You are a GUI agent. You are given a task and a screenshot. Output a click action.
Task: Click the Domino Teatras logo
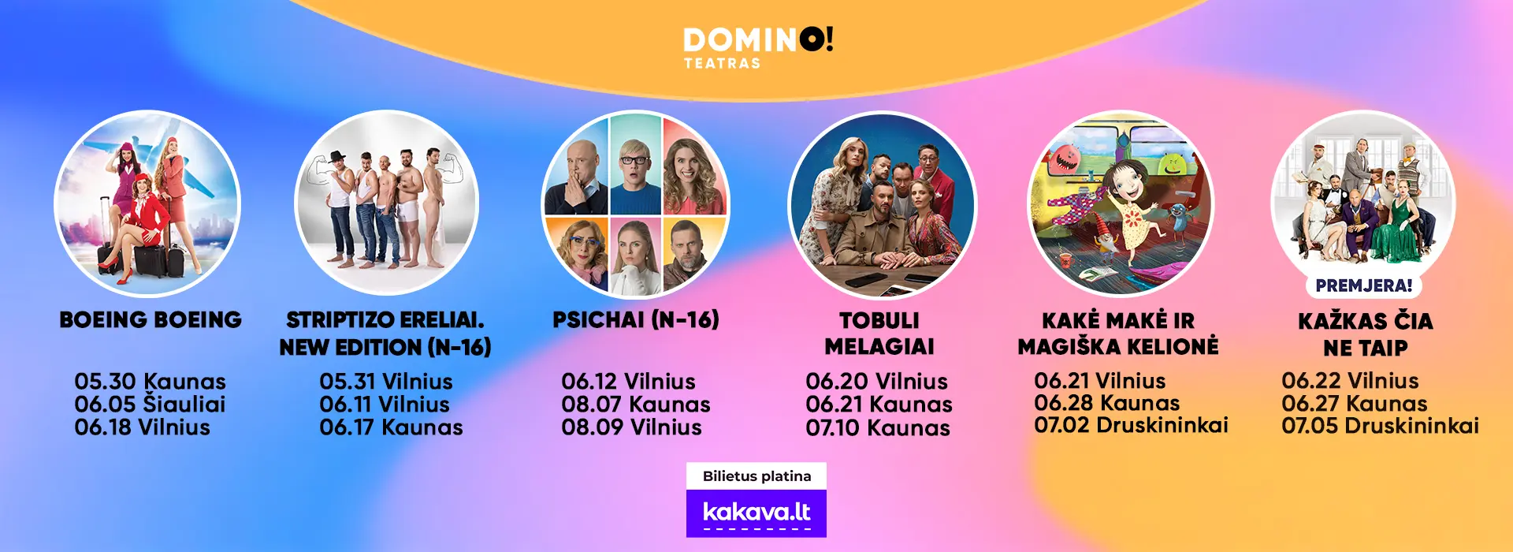pos(758,47)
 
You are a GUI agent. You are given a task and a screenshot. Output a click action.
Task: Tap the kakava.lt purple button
pos(756,513)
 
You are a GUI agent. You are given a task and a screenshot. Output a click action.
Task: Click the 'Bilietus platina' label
pos(756,476)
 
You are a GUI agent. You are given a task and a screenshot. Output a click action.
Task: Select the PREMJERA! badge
pos(1364,285)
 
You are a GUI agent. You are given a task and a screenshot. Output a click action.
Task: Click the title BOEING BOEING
pos(151,319)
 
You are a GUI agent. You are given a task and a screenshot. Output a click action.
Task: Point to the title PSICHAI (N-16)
pos(636,319)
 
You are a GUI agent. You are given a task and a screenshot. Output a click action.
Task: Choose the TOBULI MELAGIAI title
pos(879,334)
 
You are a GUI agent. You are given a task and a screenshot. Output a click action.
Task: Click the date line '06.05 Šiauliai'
pos(150,405)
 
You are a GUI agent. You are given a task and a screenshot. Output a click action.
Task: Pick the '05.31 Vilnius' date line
pos(386,382)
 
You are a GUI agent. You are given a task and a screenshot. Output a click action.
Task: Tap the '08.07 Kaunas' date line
pos(636,405)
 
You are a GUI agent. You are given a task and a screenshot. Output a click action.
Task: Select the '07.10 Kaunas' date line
pos(878,428)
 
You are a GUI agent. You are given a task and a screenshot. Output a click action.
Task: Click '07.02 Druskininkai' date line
pos(1132,425)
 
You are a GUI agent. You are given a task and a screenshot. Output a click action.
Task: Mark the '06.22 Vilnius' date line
pos(1350,381)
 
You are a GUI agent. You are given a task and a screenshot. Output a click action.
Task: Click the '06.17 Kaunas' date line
pos(391,427)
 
